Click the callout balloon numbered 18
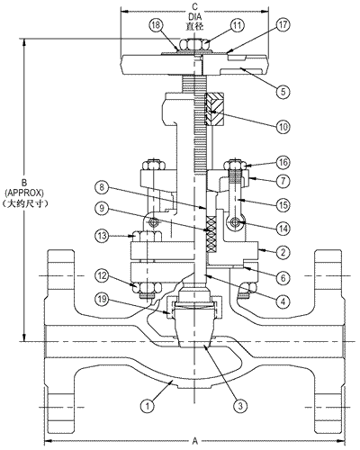(x=156, y=25)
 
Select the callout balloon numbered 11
(x=237, y=25)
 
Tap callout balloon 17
(x=283, y=25)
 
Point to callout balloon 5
(x=283, y=91)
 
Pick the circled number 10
(x=283, y=127)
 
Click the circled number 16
(x=283, y=163)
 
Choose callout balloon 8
(x=102, y=187)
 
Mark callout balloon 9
(x=102, y=208)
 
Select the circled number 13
(x=102, y=236)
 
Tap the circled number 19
(x=102, y=299)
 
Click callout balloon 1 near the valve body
(x=147, y=406)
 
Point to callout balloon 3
(x=240, y=406)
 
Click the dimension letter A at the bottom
(x=195, y=441)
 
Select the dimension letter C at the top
(x=195, y=6)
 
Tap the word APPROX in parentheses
(x=24, y=192)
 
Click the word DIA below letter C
(x=195, y=16)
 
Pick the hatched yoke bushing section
(x=214, y=109)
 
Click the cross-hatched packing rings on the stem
(x=211, y=234)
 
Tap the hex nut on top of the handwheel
(x=193, y=45)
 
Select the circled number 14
(x=283, y=229)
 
